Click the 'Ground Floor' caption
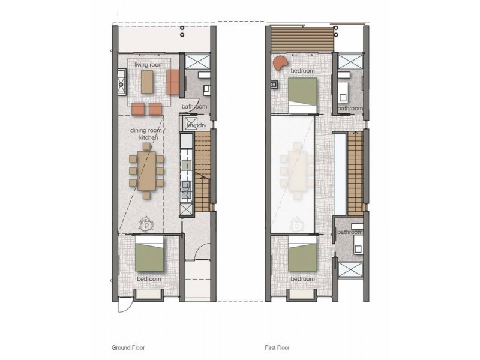[x=128, y=347]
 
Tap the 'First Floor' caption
[x=277, y=347]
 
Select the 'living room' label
[x=149, y=65]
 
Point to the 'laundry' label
[x=196, y=125]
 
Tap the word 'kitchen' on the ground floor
[x=148, y=137]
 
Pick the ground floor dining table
[x=146, y=170]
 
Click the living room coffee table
[x=147, y=82]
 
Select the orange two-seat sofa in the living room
[x=173, y=82]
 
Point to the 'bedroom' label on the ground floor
[x=149, y=279]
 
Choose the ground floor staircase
[x=202, y=171]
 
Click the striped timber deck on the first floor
[x=302, y=39]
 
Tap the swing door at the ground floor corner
[x=125, y=307]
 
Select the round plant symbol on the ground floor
[x=146, y=224]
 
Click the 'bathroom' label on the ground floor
[x=194, y=107]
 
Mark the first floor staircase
[x=355, y=173]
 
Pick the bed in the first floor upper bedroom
[x=302, y=95]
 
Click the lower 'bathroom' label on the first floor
[x=350, y=232]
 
